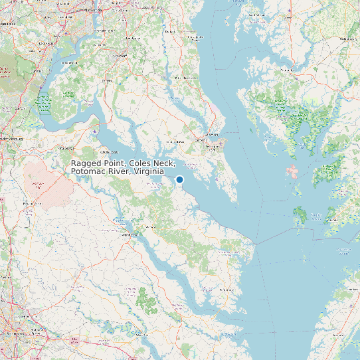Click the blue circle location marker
point(179,179)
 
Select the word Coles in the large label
point(141,163)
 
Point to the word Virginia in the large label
point(149,172)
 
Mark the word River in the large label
point(120,172)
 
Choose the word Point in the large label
point(116,163)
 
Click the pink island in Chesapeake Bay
point(291,171)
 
